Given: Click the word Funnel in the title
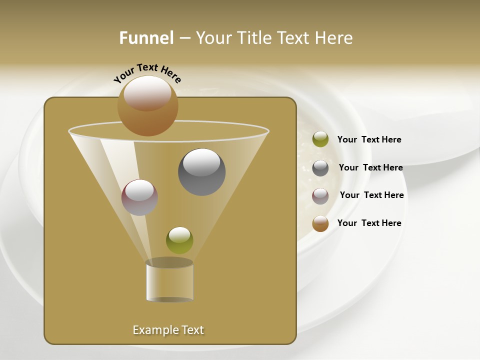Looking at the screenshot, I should pyautogui.click(x=146, y=38).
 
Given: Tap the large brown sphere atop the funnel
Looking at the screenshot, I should pyautogui.click(x=147, y=106).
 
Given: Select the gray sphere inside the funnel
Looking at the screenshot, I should pyautogui.click(x=202, y=172).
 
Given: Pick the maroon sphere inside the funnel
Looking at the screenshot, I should pyautogui.click(x=139, y=197).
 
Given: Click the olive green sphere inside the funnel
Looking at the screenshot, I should pyautogui.click(x=179, y=240).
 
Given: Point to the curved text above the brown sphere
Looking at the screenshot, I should pyautogui.click(x=147, y=73).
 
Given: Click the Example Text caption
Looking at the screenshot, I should pyautogui.click(x=168, y=330).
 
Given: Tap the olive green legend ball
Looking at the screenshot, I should pyautogui.click(x=320, y=139).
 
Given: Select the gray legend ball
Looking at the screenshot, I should pyautogui.click(x=320, y=167).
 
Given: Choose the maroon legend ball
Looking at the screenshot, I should pyautogui.click(x=320, y=195).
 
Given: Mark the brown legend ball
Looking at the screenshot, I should pyautogui.click(x=320, y=223).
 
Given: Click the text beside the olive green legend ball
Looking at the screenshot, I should pyautogui.click(x=369, y=139).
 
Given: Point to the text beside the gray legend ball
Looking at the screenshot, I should pyautogui.click(x=370, y=167).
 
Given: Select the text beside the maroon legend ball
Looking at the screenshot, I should pyautogui.click(x=371, y=195).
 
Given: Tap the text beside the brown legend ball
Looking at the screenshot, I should pyautogui.click(x=369, y=223).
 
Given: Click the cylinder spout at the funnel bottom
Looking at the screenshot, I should pyautogui.click(x=169, y=281).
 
